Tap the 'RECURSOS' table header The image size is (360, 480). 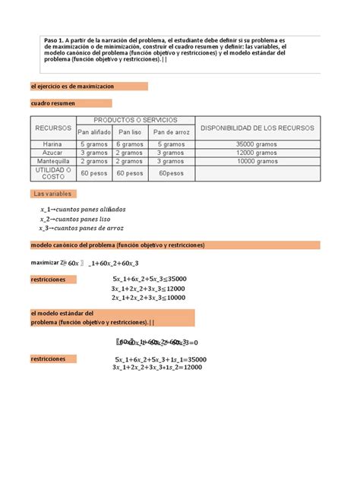click(52, 128)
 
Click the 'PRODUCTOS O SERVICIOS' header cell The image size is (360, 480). click(135, 120)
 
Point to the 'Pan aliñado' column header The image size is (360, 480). click(94, 132)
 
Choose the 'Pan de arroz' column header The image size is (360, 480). click(172, 132)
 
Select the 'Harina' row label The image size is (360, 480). click(52, 144)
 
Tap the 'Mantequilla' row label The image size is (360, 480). click(52, 161)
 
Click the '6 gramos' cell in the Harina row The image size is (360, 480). click(129, 144)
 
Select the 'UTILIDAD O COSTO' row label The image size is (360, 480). click(52, 173)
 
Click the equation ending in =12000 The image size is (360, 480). click(157, 368)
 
